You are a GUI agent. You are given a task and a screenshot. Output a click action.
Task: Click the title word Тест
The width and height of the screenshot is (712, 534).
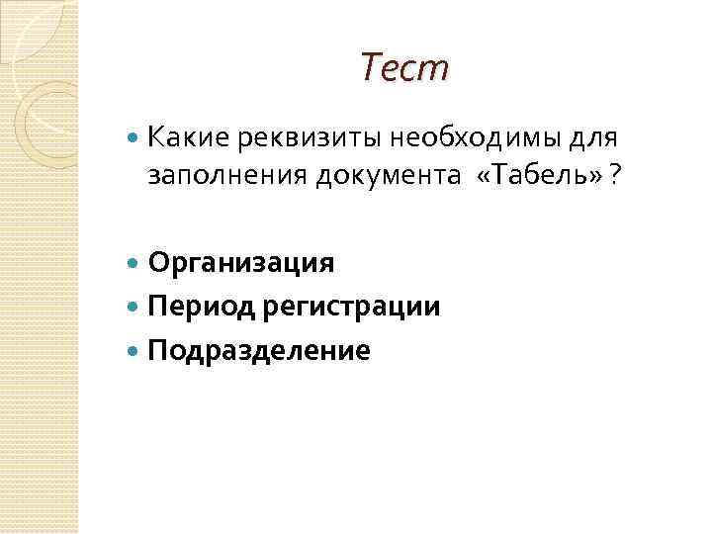pos(403,68)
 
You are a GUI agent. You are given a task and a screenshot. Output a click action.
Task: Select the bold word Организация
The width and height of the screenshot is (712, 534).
pos(241,264)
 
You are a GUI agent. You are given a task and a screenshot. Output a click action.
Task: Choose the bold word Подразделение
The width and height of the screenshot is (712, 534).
pos(260,349)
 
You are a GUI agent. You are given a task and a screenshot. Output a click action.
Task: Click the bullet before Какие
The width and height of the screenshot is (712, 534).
pos(134,135)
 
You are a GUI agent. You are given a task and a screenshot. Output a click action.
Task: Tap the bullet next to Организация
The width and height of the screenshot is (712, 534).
pos(134,264)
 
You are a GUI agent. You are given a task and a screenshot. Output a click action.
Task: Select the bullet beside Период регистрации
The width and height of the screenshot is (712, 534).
pos(134,307)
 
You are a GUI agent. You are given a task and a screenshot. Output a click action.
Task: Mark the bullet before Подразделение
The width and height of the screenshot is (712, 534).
pos(134,349)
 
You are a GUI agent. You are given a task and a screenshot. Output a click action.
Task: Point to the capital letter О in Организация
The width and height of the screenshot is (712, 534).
pos(159,263)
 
